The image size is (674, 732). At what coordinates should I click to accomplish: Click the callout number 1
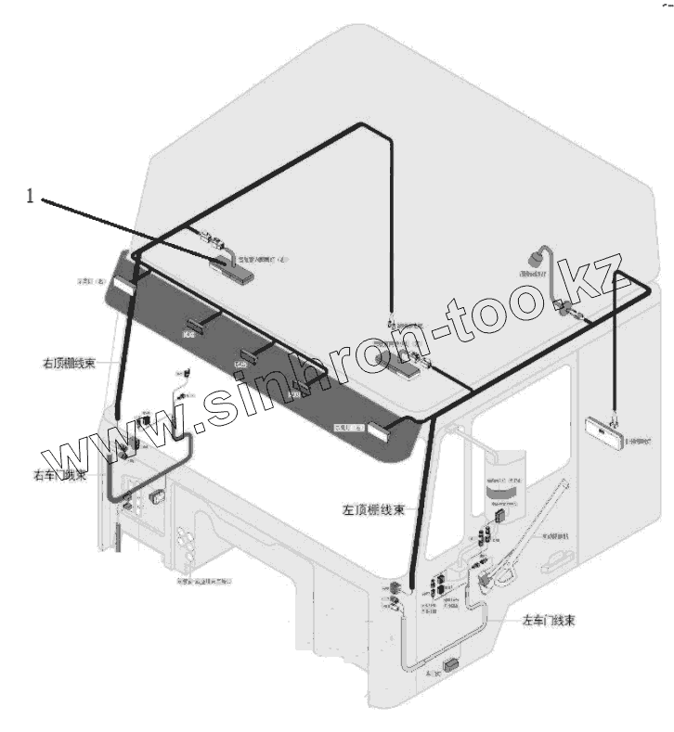point(30,196)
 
